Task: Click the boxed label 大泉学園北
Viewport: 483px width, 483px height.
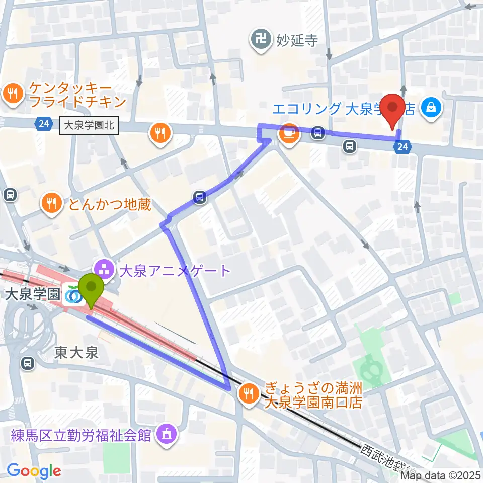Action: point(89,125)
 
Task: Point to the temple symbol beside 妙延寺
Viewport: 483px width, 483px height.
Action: point(261,39)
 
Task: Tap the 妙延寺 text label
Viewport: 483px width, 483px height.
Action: point(297,40)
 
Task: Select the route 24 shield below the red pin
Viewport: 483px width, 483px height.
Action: point(403,147)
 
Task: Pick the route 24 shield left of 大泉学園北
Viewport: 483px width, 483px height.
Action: point(43,123)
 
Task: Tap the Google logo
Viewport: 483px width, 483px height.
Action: point(34,471)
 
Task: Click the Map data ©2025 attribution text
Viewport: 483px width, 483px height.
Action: point(441,475)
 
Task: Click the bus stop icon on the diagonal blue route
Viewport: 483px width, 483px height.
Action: point(200,197)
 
